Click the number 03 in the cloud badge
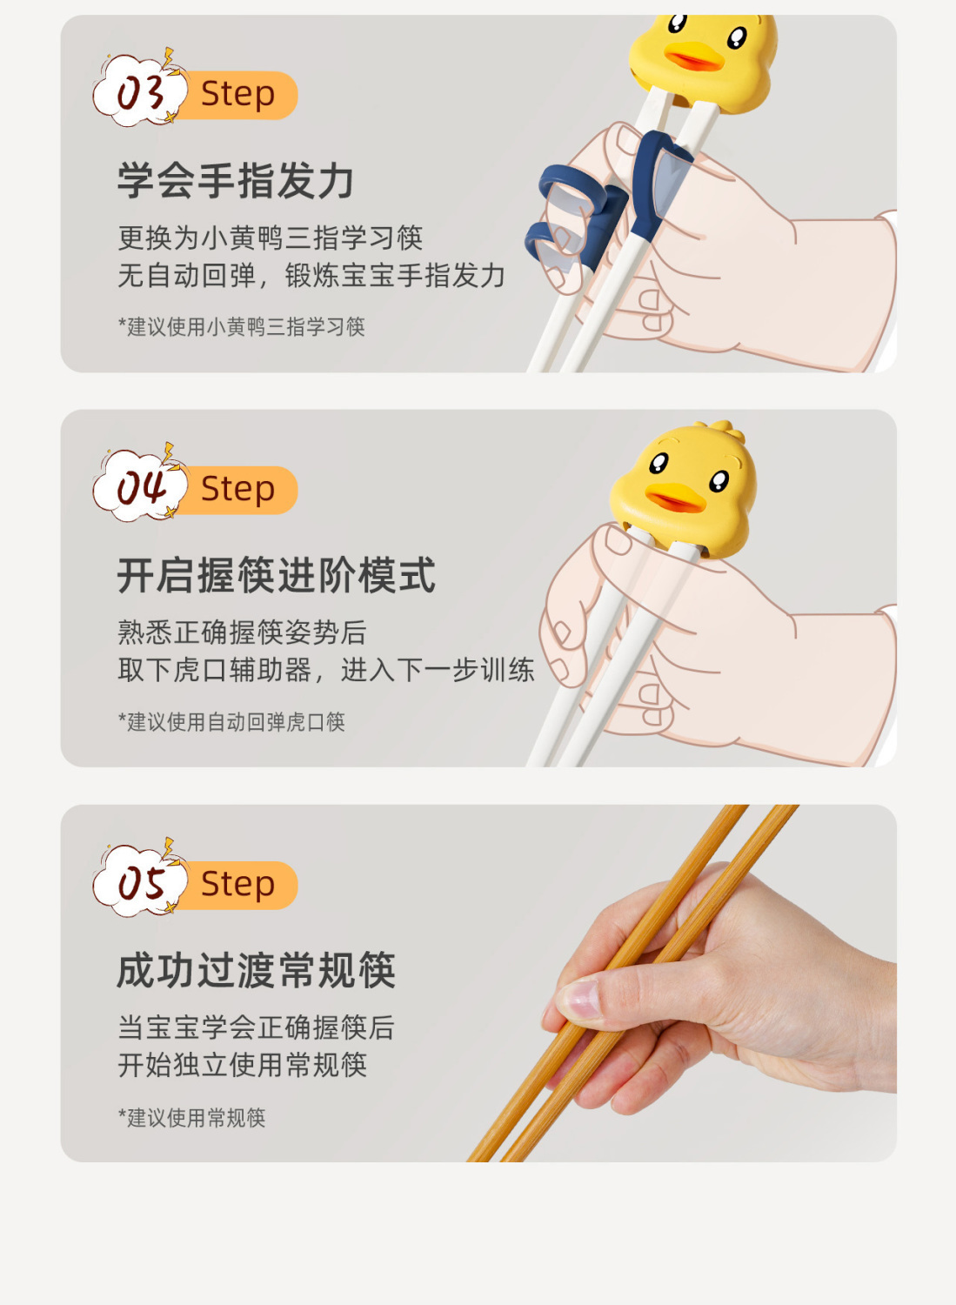[x=140, y=94]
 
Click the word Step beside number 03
[x=237, y=94]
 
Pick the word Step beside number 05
[x=237, y=885]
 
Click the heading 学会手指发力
[x=236, y=181]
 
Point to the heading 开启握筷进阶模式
[x=276, y=575]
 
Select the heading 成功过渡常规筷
[x=257, y=971]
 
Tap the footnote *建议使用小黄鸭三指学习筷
[x=242, y=327]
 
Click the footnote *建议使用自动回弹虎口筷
[x=232, y=722]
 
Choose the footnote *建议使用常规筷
[x=192, y=1117]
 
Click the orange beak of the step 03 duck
[x=693, y=57]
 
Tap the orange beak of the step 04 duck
[x=676, y=498]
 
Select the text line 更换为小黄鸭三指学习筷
[x=271, y=238]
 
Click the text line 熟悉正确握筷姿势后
[x=243, y=632]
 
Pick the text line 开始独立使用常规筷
[x=243, y=1065]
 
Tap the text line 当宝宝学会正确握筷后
[x=257, y=1027]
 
